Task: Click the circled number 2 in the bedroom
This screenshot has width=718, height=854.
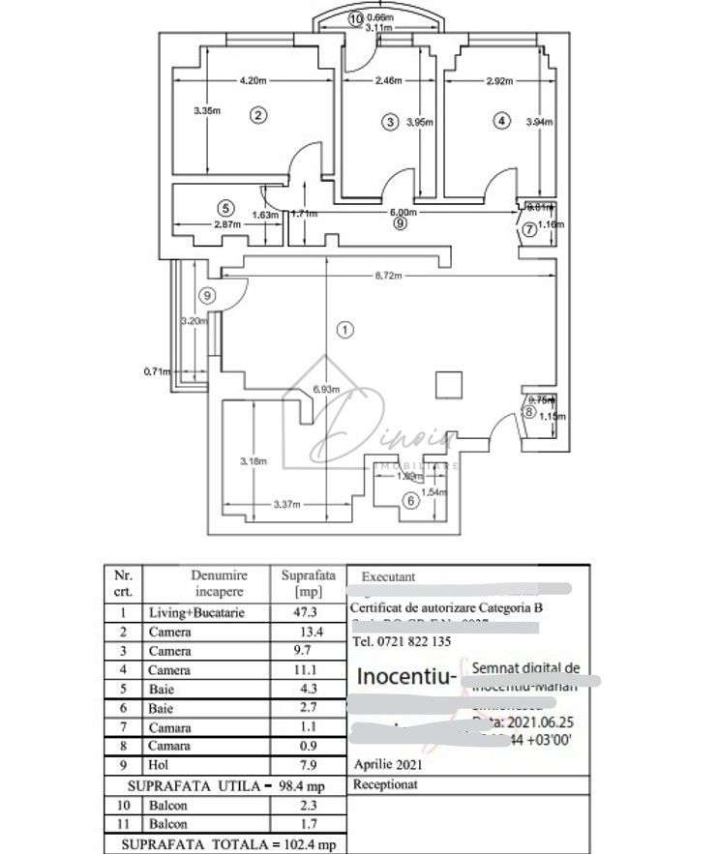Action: point(257,115)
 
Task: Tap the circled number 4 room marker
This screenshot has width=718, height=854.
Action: point(499,121)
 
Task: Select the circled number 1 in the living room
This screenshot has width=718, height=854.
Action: point(344,330)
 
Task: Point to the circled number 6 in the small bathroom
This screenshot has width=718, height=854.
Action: point(410,500)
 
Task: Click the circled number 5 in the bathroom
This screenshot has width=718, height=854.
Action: point(225,207)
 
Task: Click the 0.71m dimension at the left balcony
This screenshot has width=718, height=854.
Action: point(155,370)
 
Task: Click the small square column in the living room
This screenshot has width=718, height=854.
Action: point(446,384)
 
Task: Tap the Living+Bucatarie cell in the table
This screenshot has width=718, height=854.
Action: point(195,613)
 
